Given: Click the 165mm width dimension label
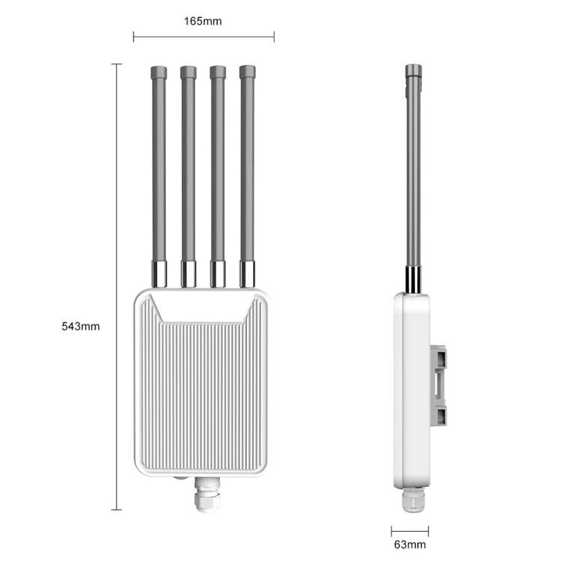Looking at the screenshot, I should click(x=203, y=21).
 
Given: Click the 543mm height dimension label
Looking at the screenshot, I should click(x=81, y=326).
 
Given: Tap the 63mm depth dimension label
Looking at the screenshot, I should click(x=410, y=545).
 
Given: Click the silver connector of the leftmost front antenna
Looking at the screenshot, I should click(x=159, y=274).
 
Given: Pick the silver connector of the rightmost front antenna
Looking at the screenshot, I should click(x=248, y=274).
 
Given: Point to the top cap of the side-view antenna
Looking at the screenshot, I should click(x=414, y=73).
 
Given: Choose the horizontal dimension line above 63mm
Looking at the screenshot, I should click(x=409, y=530).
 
